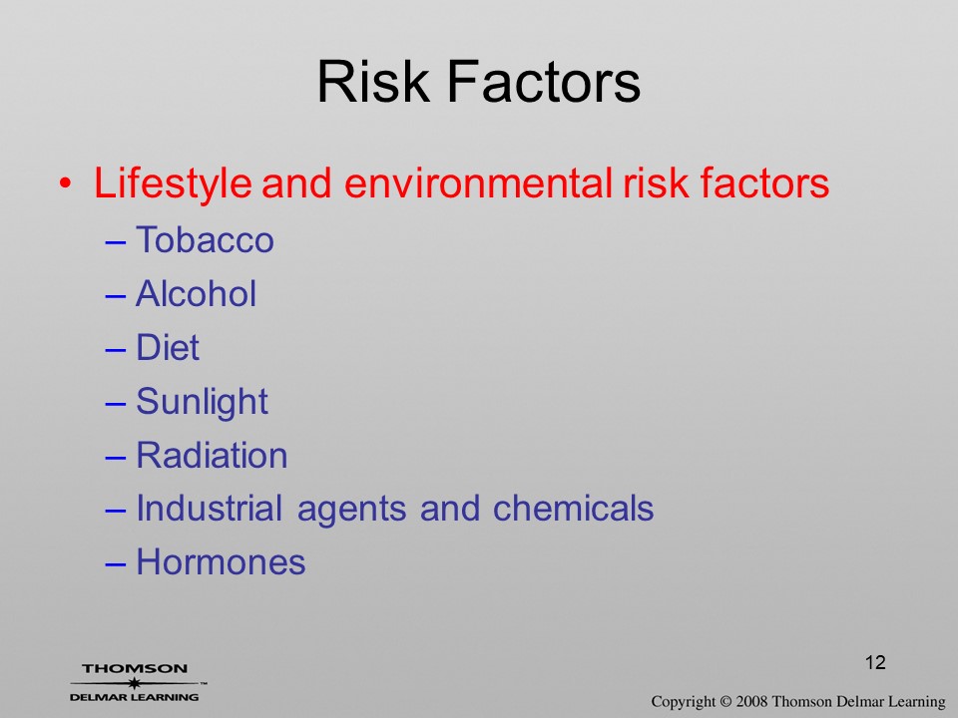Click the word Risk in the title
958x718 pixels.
tap(373, 81)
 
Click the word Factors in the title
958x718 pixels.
tap(544, 81)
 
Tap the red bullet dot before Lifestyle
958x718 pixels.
tap(66, 183)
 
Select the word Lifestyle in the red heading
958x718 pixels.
tap(173, 183)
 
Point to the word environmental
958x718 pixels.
tap(478, 183)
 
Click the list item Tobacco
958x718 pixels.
tap(205, 239)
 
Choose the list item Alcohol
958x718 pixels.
tap(196, 293)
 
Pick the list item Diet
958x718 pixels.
tap(168, 347)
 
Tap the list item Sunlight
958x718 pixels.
tap(202, 402)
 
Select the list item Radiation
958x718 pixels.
tap(212, 455)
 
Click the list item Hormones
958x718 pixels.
tap(221, 561)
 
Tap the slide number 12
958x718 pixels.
tap(875, 662)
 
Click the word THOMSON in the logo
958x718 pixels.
tap(135, 668)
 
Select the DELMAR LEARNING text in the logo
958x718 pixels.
tap(135, 697)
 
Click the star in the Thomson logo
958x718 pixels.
tap(135, 683)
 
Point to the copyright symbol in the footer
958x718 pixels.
tap(725, 701)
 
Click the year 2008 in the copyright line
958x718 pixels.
tap(752, 701)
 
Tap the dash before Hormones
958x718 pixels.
tap(116, 563)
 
